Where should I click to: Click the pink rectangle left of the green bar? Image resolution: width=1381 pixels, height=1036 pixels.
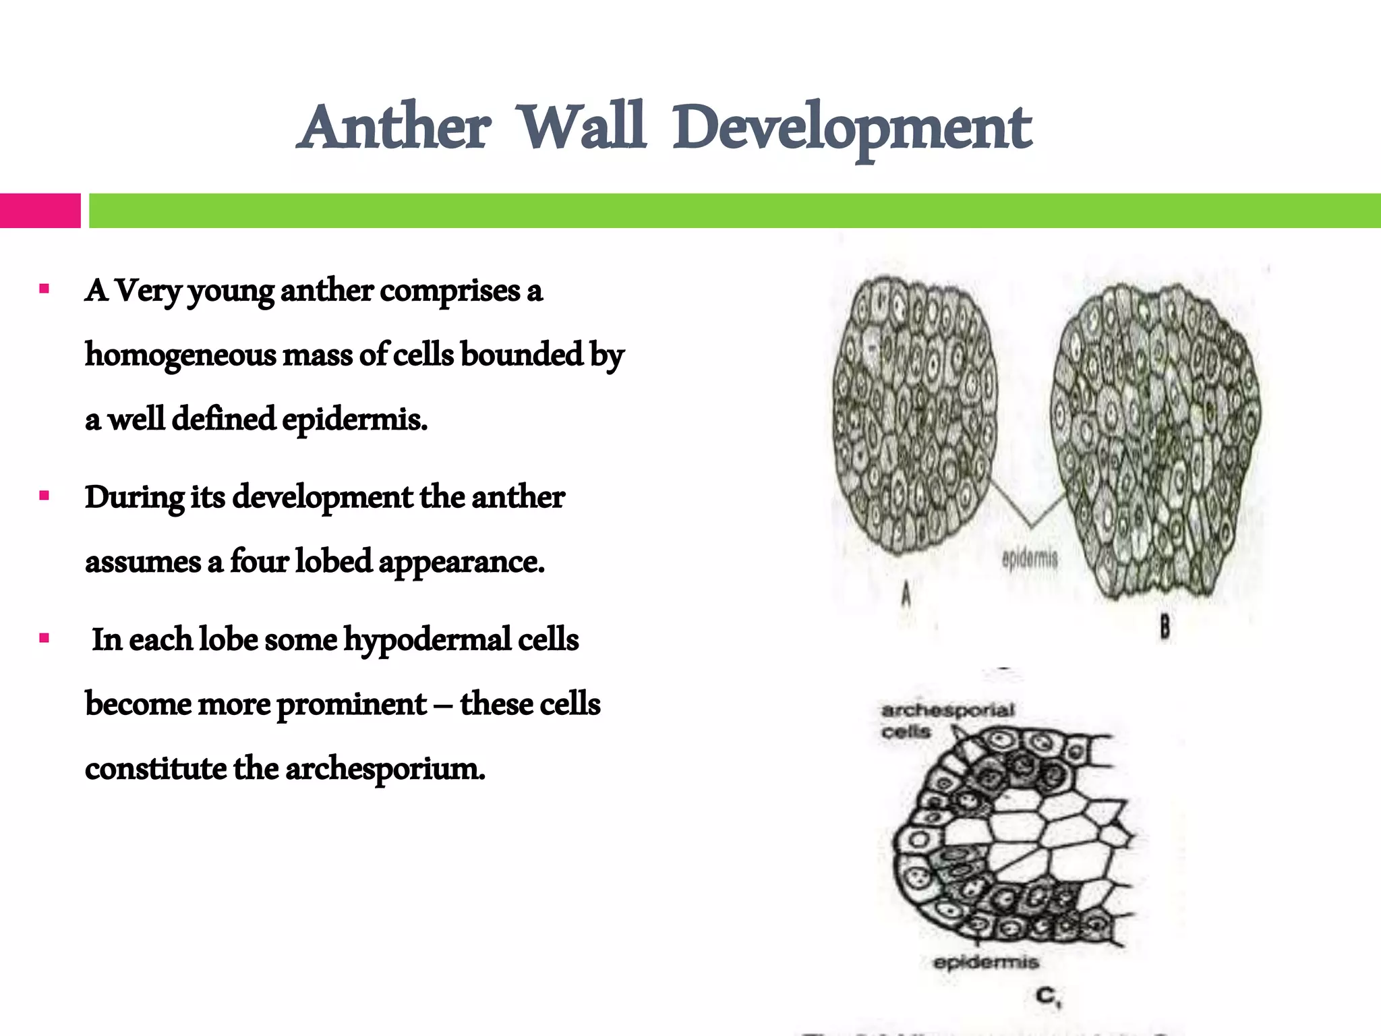click(40, 210)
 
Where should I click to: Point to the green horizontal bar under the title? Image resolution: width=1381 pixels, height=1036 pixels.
click(734, 210)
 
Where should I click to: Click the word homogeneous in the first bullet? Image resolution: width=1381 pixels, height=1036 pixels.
click(180, 355)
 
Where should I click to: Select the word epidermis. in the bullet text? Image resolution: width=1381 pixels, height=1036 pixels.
click(355, 420)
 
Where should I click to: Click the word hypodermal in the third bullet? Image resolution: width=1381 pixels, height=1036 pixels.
click(427, 639)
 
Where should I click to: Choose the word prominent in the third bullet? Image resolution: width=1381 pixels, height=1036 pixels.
click(351, 704)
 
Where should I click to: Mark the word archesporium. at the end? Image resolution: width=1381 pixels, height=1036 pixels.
click(385, 769)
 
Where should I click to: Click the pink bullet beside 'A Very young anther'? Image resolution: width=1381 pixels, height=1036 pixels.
click(45, 289)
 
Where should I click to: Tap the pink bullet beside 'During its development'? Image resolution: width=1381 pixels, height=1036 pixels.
click(45, 496)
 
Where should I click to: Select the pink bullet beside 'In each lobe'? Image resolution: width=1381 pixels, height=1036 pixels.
click(45, 638)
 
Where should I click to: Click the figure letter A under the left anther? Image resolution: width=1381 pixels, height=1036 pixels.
click(906, 595)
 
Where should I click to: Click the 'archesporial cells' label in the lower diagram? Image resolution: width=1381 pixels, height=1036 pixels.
click(947, 720)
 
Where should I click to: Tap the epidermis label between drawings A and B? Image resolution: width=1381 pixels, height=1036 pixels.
click(1030, 558)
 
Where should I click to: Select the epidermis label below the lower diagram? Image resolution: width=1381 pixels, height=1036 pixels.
click(986, 962)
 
